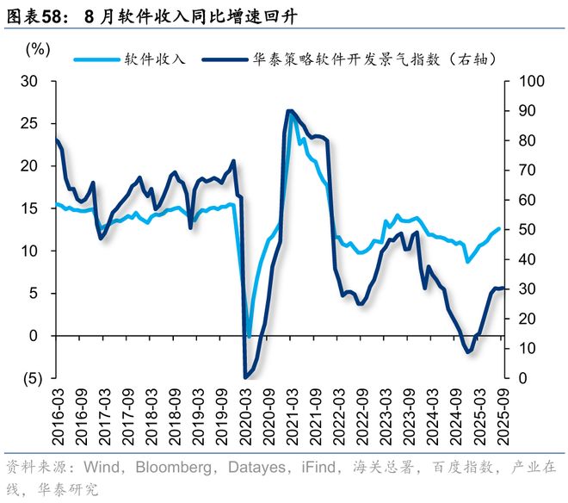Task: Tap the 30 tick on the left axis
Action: click(31, 81)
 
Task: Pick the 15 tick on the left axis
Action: click(31, 208)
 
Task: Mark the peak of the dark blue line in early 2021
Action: click(289, 111)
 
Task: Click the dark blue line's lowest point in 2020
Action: click(246, 377)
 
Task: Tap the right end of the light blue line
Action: click(499, 228)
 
